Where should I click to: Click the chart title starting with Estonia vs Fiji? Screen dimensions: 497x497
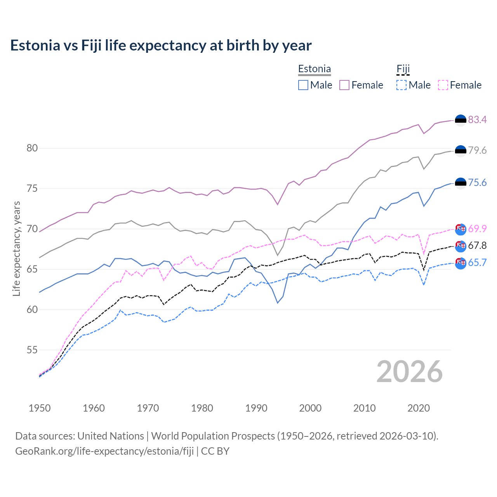[161, 45]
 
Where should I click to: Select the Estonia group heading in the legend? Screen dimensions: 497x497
[315, 69]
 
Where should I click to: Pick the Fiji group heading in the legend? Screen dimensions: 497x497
[403, 69]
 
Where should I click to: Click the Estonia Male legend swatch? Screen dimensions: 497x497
[303, 85]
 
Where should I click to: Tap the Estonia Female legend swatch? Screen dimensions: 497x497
[344, 85]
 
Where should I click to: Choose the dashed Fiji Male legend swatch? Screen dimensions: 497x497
[401, 85]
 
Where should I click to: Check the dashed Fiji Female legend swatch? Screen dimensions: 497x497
[443, 85]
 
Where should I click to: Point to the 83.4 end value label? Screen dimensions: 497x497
[477, 120]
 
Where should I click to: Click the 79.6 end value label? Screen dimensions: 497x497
[477, 150]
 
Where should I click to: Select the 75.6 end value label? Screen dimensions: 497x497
[477, 182]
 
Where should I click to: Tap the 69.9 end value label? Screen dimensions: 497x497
[477, 229]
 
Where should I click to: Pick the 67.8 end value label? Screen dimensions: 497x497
[477, 245]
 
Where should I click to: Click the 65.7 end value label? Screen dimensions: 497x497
[477, 262]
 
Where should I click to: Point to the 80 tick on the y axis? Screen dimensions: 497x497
[32, 148]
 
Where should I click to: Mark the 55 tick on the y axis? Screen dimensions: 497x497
[32, 350]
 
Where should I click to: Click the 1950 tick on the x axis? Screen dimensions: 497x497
[40, 408]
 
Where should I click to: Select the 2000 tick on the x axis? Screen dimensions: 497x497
[310, 408]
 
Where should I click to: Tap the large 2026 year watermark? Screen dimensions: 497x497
[409, 372]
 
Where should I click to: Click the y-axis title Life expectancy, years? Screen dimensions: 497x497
[16, 248]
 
